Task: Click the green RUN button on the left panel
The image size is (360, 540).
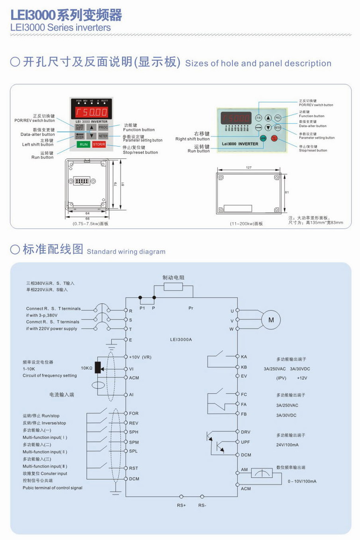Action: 84,144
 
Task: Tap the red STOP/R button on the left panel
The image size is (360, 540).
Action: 99,144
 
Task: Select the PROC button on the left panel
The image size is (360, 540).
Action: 103,127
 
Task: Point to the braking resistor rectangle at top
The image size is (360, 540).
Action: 173,286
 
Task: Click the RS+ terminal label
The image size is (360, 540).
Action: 181,505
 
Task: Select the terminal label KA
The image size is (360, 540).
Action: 244,356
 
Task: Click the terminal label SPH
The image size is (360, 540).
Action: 134,432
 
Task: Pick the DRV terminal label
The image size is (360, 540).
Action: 245,432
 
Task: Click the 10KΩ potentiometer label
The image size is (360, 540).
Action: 86,368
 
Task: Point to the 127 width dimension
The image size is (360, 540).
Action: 248,167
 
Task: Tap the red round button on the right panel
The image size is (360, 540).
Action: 274,138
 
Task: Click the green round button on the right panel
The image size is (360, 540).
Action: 263,138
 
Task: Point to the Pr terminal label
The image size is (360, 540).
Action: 191,308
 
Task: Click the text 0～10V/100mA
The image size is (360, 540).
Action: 302,481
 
